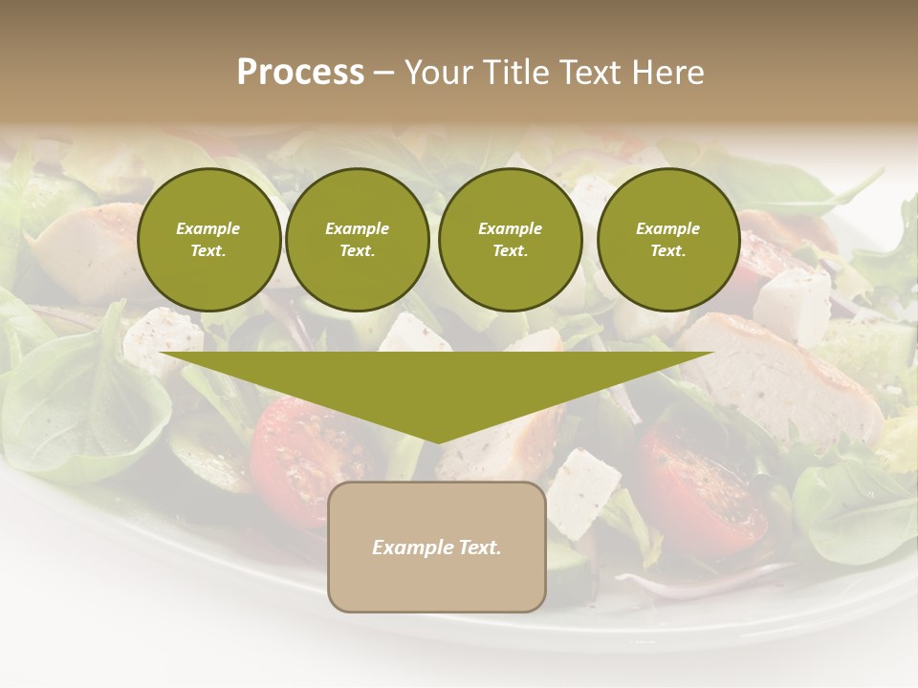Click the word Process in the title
click(x=300, y=73)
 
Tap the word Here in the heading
click(x=668, y=73)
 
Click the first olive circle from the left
click(x=208, y=240)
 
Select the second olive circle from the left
click(x=357, y=240)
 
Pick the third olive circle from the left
click(x=510, y=240)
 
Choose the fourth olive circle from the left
click(x=667, y=240)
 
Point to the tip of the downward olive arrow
click(x=438, y=441)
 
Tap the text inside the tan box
click(x=437, y=548)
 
